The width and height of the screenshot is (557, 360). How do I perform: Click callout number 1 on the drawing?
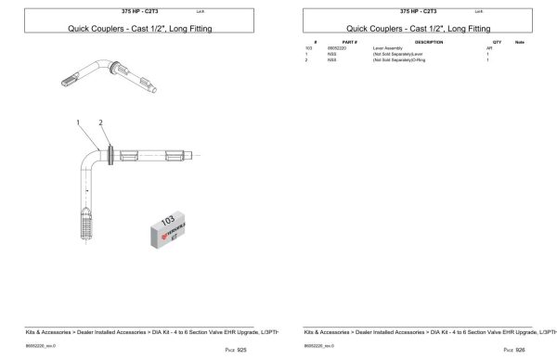(x=80, y=122)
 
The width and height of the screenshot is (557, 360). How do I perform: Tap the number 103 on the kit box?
(x=168, y=221)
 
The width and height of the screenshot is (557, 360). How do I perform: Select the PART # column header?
(x=349, y=43)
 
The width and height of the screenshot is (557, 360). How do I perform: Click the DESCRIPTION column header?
(x=428, y=43)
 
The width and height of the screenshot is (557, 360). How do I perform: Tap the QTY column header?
(x=497, y=43)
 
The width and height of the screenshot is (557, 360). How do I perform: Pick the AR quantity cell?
(x=488, y=49)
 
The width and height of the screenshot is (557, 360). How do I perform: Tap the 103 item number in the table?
(x=308, y=49)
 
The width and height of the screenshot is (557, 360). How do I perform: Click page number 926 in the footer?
(x=513, y=350)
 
